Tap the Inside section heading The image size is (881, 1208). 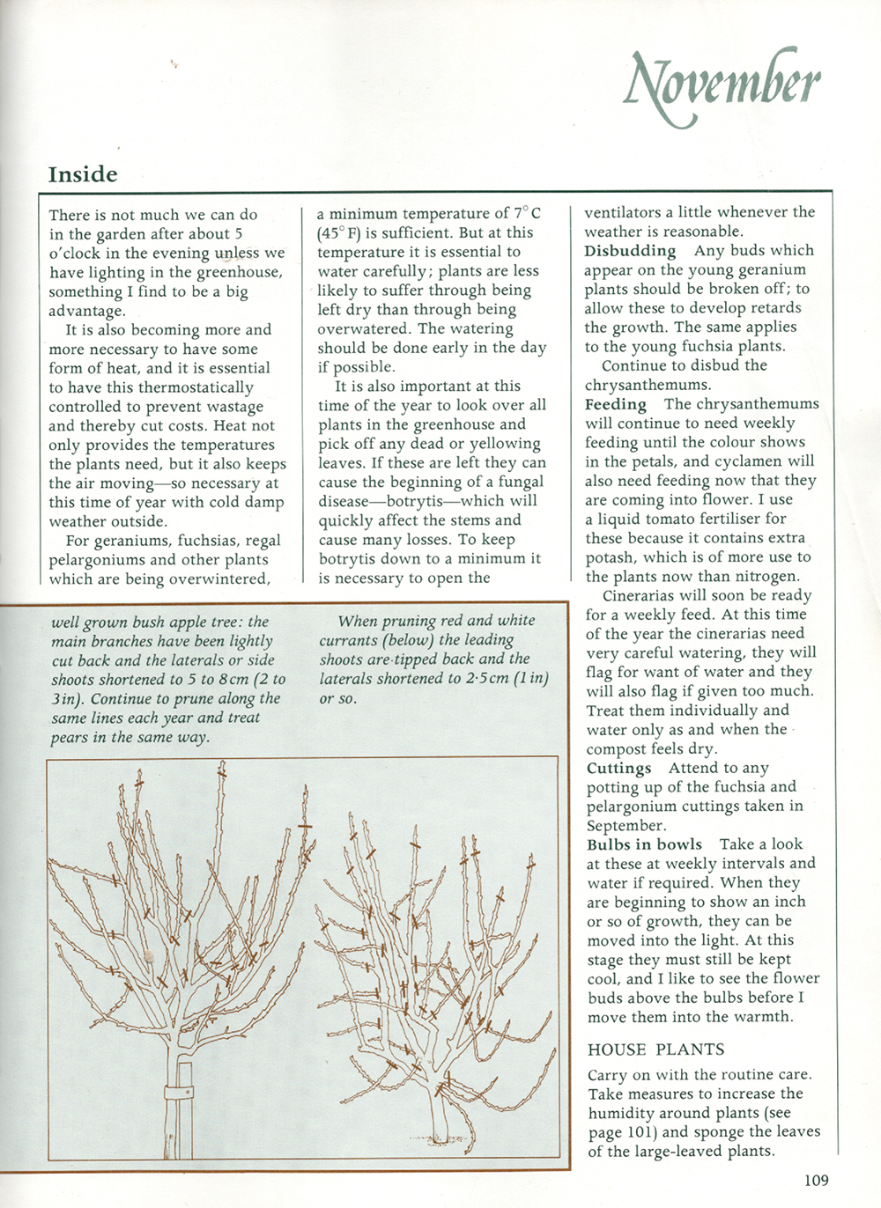point(83,174)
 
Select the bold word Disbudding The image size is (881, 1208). point(630,251)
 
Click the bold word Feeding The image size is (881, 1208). point(615,404)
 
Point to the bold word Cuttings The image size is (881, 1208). point(618,769)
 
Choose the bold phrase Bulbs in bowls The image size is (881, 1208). point(644,844)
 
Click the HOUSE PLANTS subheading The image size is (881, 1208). point(655,1050)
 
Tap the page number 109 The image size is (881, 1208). point(816,1180)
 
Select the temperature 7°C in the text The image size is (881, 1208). point(527,214)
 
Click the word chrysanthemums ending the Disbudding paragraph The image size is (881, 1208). point(648,385)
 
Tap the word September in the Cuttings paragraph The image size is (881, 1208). point(625,826)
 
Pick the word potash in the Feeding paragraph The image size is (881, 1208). point(611,557)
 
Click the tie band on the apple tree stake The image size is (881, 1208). point(181,1093)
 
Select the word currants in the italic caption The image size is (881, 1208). point(349,640)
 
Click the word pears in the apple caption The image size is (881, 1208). point(69,737)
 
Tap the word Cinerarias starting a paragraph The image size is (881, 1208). point(642,596)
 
